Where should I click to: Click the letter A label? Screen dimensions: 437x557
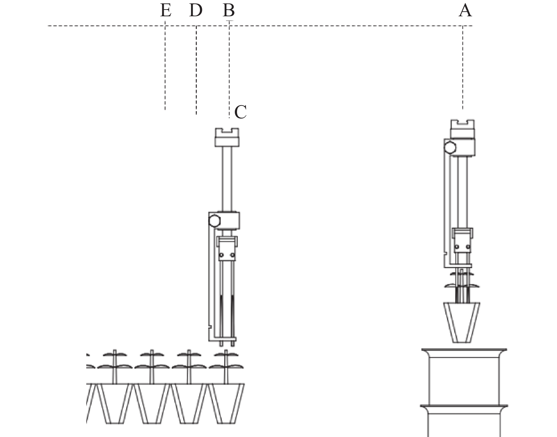coord(465,11)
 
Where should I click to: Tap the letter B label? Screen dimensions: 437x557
coord(228,11)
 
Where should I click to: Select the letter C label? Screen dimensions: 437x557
coord(240,112)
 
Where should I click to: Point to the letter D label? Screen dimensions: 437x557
coord(196,11)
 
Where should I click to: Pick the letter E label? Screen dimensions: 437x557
coord(166,11)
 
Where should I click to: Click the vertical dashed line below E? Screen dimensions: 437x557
coord(165,67)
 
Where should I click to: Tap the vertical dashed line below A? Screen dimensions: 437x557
coord(463,67)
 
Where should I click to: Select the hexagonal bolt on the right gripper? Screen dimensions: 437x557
coord(451,147)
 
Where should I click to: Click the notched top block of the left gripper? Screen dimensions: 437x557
coord(227,137)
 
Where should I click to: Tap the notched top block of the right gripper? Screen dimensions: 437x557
coord(462,129)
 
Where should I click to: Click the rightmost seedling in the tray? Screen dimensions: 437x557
coord(225,367)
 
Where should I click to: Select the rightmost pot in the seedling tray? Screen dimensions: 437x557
coord(226,404)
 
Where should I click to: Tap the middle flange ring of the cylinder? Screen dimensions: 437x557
coord(464,407)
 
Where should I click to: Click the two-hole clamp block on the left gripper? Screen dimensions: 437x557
coord(227,254)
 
